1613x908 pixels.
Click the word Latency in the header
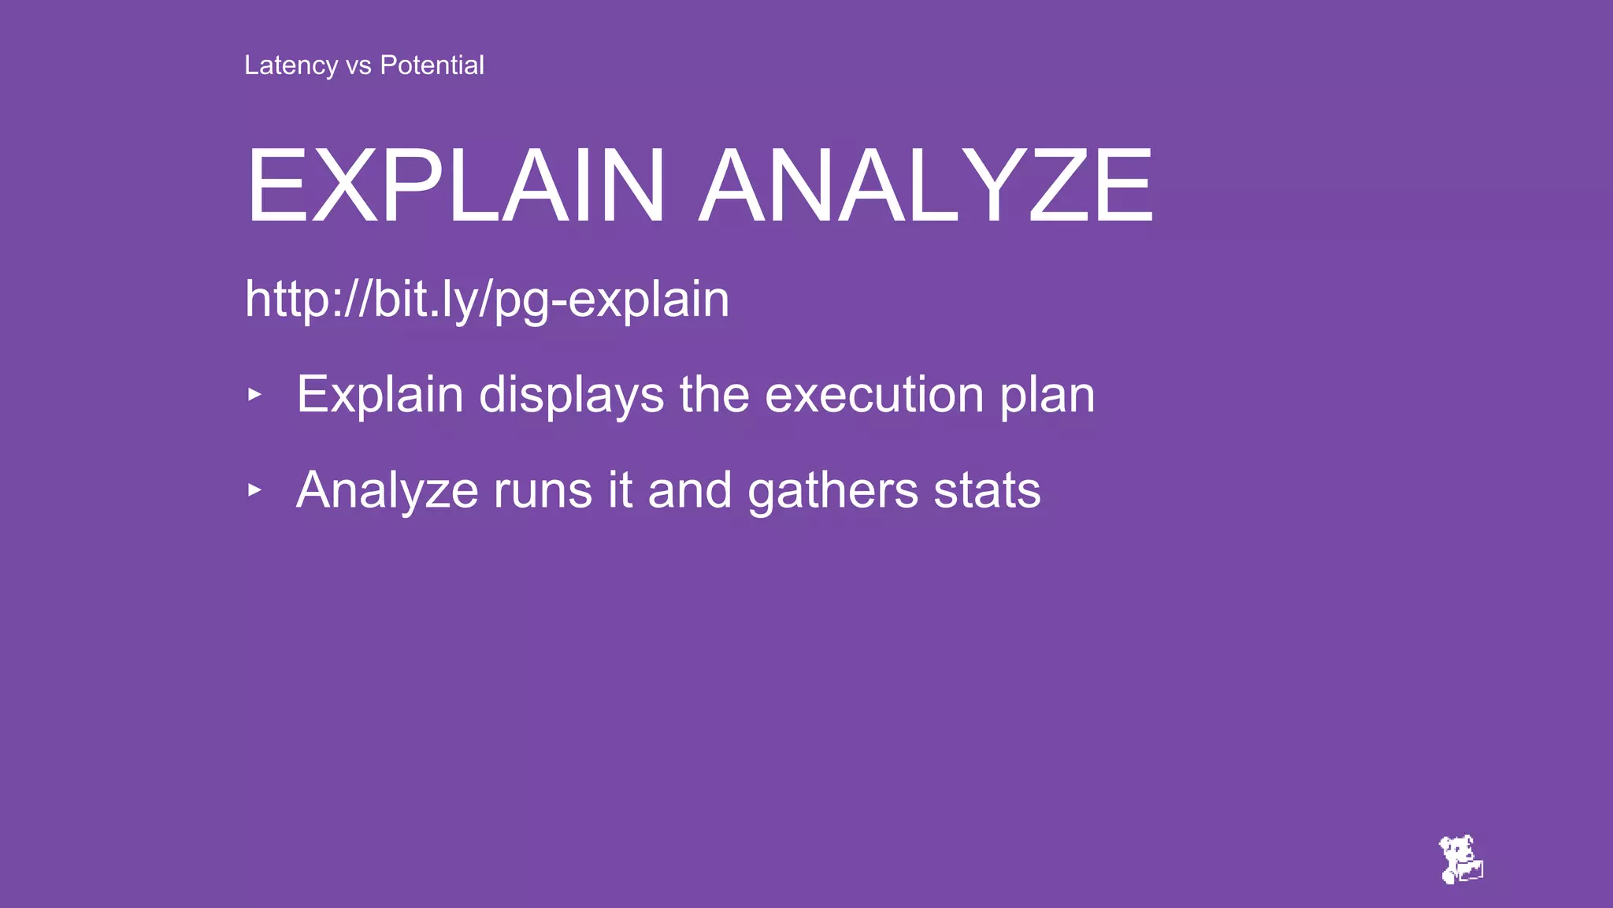tap(291, 65)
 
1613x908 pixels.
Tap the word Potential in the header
tap(432, 65)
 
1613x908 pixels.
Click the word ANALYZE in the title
tap(926, 187)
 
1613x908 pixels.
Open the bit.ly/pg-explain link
tap(487, 300)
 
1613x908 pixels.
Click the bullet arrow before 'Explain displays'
tap(254, 394)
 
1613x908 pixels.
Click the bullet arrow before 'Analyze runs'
tap(254, 490)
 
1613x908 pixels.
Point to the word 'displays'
tap(571, 395)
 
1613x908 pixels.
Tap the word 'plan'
tap(1048, 395)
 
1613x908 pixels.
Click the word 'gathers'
tap(832, 491)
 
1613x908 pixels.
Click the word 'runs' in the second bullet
tap(543, 490)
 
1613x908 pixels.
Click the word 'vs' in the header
tap(358, 65)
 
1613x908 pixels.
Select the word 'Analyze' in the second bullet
tap(387, 491)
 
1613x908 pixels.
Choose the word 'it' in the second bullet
tap(620, 490)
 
